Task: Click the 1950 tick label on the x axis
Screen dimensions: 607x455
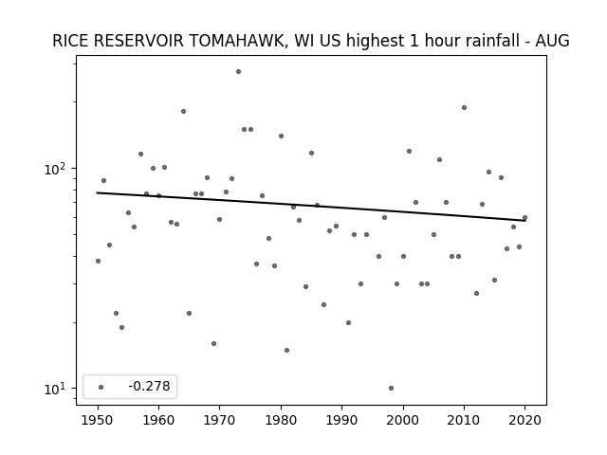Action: click(98, 420)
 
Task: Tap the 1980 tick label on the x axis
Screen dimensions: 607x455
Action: click(281, 420)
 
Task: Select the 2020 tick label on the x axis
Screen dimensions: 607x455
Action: click(524, 420)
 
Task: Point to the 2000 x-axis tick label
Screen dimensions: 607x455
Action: click(403, 420)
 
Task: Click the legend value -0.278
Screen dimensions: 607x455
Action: click(149, 386)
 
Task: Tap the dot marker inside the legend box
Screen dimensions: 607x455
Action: click(101, 387)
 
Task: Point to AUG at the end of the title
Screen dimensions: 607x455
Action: click(552, 41)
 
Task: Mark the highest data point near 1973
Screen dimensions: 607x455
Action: click(238, 72)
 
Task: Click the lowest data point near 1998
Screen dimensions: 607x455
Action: click(391, 388)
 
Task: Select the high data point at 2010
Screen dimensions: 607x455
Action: click(464, 107)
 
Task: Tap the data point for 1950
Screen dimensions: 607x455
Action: click(98, 262)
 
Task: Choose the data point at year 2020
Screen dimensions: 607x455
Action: click(524, 217)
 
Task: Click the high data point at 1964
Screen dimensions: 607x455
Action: click(183, 112)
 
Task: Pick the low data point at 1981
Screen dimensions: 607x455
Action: click(286, 350)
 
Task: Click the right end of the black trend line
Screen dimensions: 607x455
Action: click(525, 221)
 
